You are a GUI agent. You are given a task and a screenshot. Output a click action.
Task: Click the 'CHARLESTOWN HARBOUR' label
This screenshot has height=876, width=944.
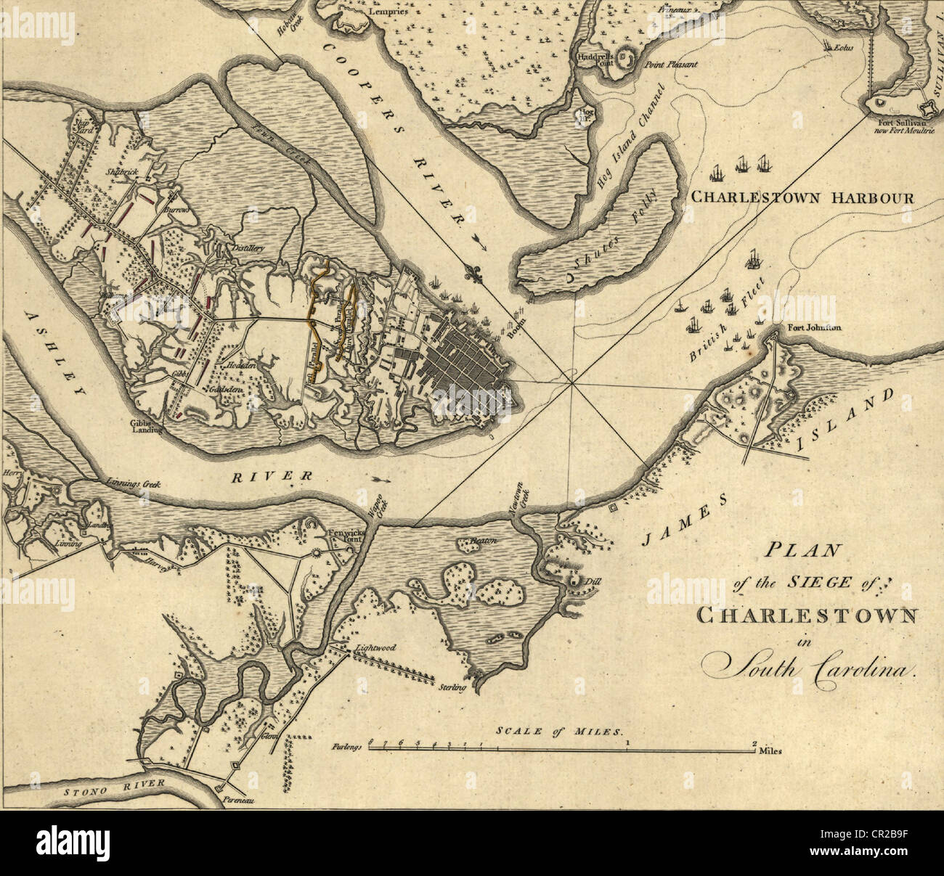(x=802, y=197)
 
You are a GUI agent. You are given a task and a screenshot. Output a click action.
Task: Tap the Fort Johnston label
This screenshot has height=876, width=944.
(x=815, y=327)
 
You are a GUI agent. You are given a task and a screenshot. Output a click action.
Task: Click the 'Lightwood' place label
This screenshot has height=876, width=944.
(x=375, y=646)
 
